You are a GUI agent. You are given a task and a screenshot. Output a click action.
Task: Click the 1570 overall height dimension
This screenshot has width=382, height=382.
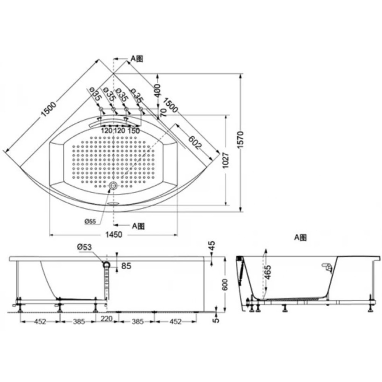240,140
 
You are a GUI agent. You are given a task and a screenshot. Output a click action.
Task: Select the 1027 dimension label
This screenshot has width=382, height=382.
226,160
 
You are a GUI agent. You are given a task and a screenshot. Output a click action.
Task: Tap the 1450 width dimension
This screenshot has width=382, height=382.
114,235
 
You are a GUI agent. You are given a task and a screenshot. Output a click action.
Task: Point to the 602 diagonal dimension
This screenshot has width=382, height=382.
195,142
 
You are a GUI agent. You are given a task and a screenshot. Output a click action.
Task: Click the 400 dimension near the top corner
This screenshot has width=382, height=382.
158,91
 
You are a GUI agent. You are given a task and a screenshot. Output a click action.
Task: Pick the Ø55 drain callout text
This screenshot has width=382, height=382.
90,222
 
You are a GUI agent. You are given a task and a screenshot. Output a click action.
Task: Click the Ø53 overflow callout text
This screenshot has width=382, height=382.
84,247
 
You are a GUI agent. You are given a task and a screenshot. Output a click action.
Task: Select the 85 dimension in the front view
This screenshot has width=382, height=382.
126,266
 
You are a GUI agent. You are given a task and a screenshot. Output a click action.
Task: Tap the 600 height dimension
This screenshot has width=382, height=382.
225,285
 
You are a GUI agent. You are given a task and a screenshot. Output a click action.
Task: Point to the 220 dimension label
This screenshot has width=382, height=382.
107,319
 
